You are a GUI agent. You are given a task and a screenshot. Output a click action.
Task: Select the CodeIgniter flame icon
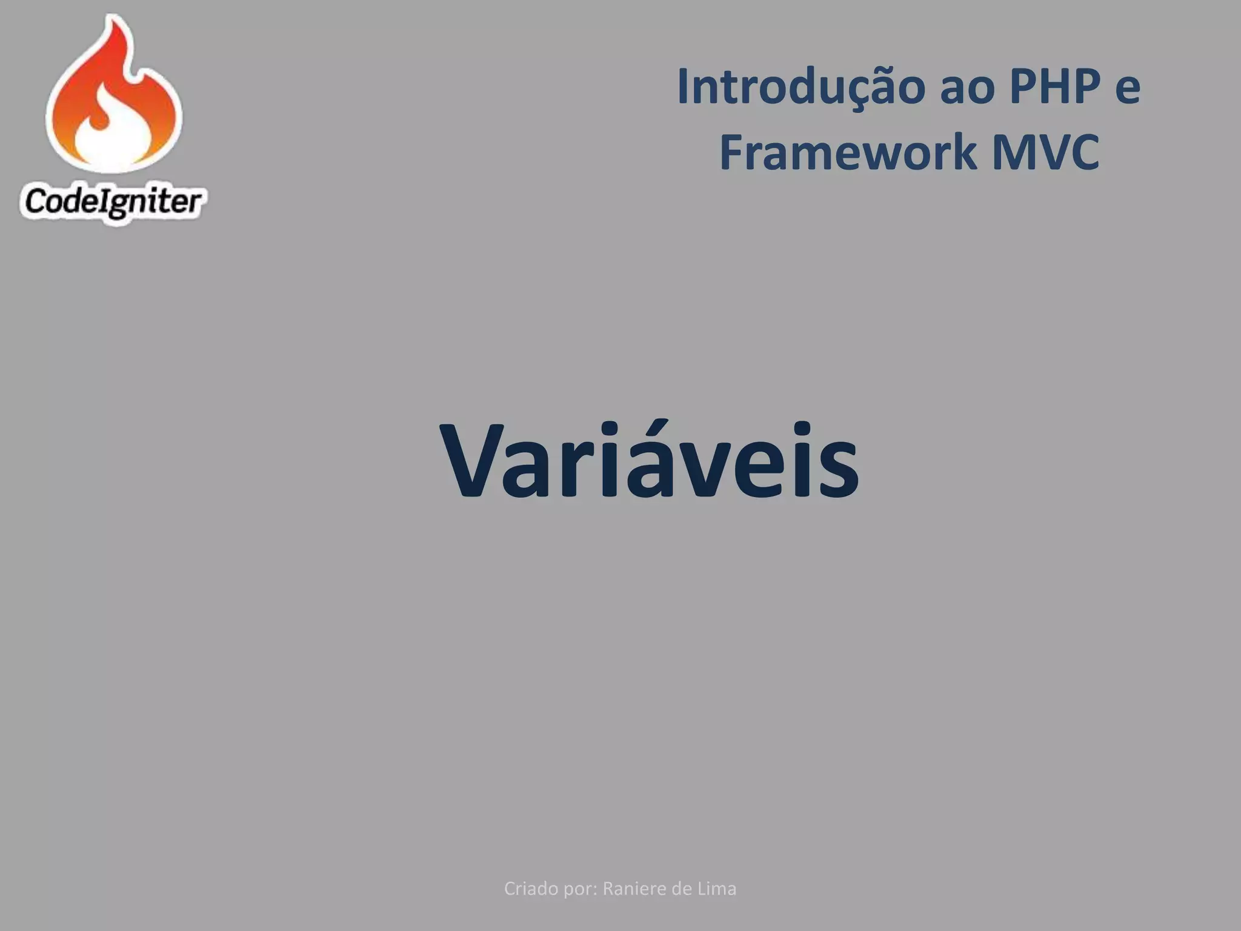(114, 97)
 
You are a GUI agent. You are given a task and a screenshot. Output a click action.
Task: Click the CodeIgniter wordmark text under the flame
(113, 202)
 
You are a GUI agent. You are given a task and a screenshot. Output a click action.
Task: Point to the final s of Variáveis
(840, 470)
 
